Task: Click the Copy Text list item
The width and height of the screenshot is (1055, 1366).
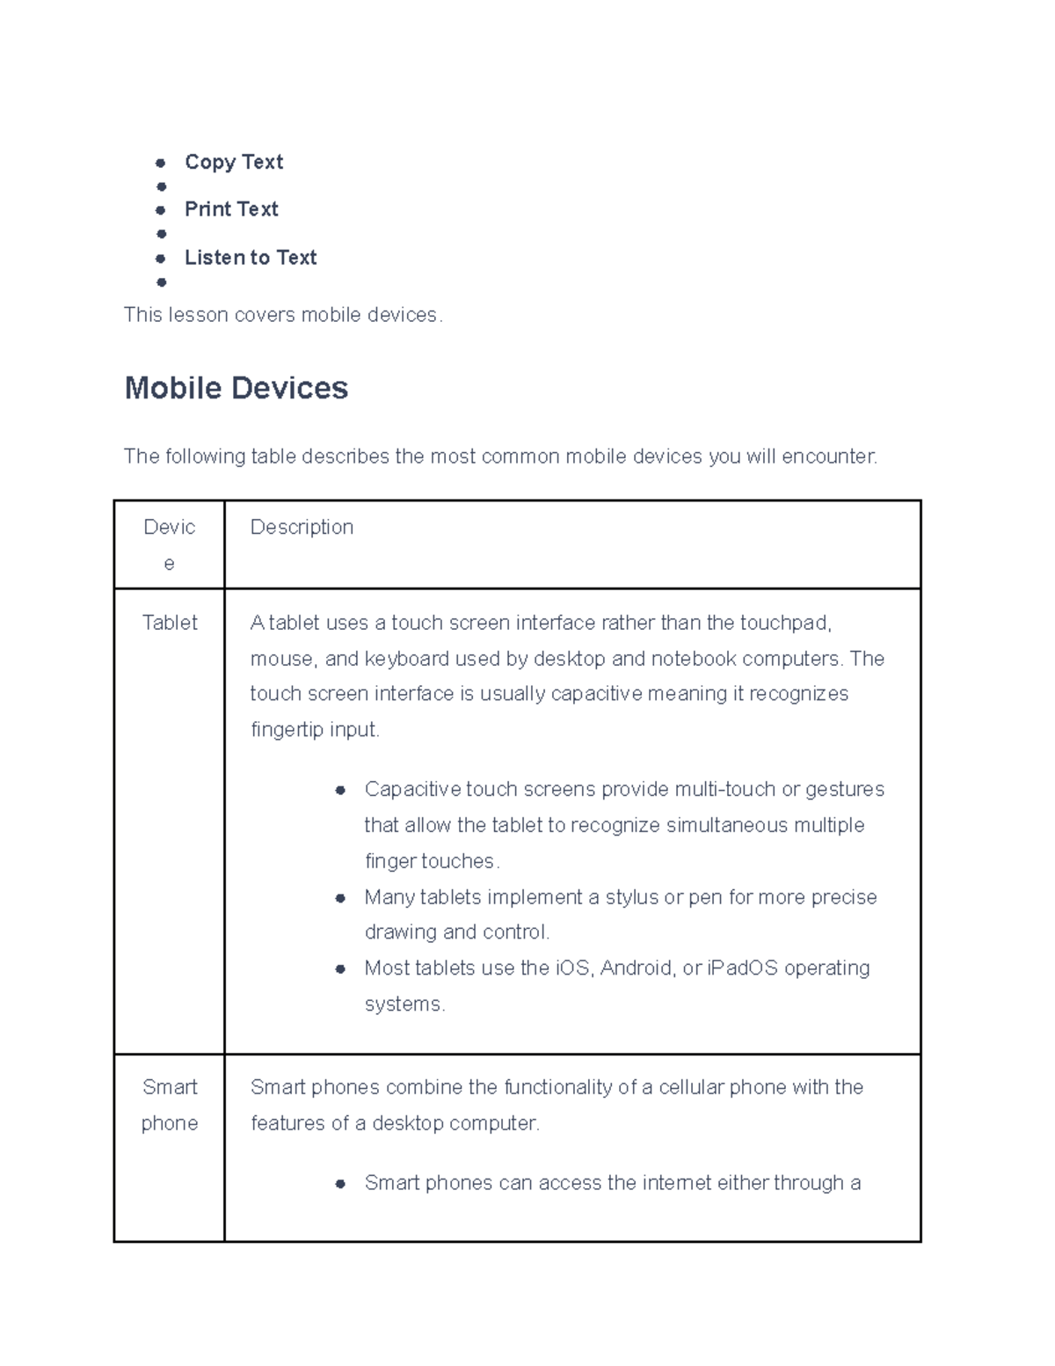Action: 233,162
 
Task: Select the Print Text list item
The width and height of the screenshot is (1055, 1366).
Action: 231,209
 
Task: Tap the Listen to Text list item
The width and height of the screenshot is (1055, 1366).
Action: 251,258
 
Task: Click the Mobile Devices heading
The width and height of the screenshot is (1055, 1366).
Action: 236,388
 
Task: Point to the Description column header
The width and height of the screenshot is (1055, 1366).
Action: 302,527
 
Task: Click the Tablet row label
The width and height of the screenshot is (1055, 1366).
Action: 170,623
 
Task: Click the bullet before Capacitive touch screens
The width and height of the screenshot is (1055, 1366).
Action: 340,790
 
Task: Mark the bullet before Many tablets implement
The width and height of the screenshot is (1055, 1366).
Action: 340,898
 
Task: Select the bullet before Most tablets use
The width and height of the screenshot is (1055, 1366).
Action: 340,968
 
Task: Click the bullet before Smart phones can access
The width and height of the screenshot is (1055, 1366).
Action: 340,1184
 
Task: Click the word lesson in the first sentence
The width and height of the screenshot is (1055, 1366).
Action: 199,315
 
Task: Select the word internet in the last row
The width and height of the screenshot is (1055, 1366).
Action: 676,1183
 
